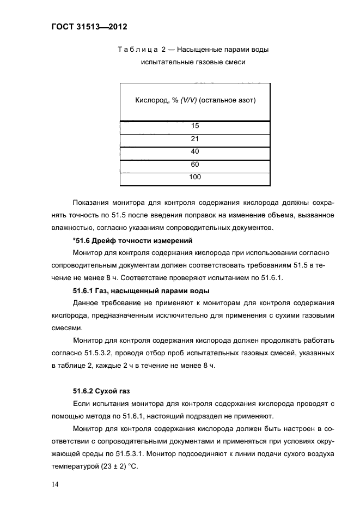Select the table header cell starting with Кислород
tap(195, 101)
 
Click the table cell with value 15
tap(195, 126)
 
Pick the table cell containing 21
tap(195, 139)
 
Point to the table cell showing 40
tap(195, 152)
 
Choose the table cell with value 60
tap(195, 165)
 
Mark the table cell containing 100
tap(195, 178)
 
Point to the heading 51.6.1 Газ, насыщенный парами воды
tap(141, 290)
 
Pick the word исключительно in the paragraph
tap(168, 315)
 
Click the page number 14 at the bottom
tap(55, 484)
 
